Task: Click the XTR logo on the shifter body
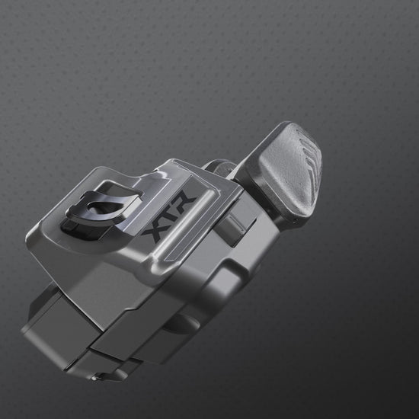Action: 169,216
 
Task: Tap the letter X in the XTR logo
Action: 155,232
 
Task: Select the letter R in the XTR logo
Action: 184,201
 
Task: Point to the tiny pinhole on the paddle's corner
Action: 295,221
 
